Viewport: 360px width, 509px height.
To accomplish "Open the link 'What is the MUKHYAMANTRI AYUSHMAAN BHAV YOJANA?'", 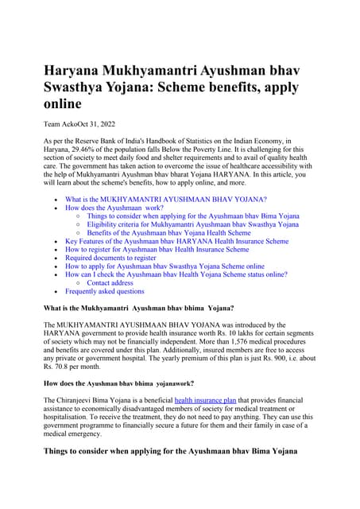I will click(165, 199).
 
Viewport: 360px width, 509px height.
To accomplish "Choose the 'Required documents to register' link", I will click(110, 258).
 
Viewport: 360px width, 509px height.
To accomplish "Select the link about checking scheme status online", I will click(176, 274).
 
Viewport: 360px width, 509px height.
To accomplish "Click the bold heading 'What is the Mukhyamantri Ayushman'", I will click(127, 307).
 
